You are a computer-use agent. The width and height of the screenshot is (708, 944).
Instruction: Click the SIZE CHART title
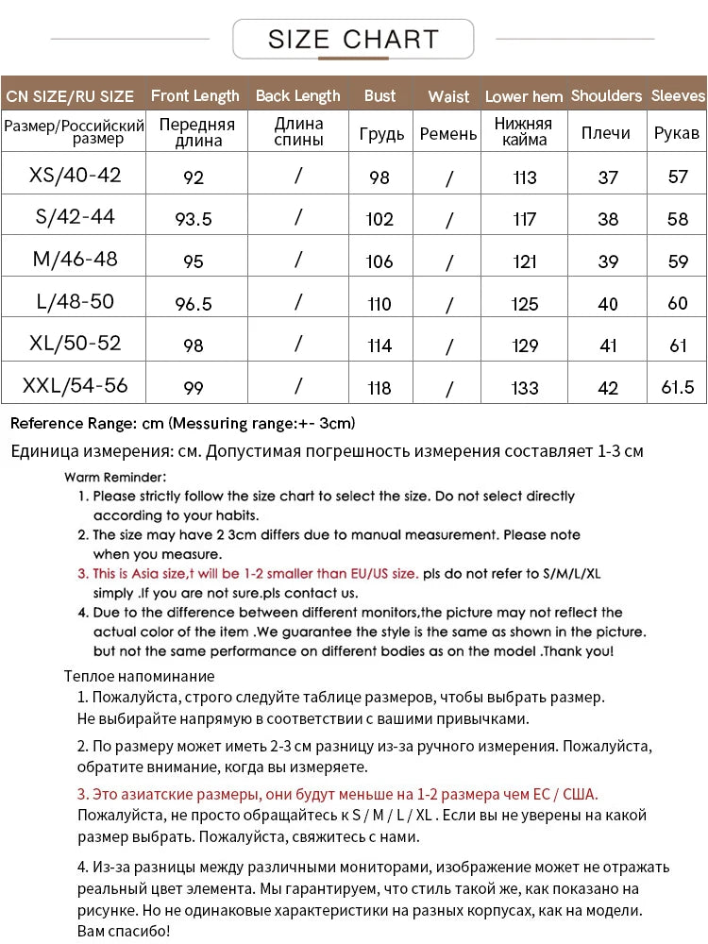pos(353,39)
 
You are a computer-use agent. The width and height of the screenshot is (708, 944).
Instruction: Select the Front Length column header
pos(194,95)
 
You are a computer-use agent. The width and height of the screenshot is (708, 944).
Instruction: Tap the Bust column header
pos(379,95)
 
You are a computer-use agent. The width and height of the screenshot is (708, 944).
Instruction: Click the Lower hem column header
pos(524,96)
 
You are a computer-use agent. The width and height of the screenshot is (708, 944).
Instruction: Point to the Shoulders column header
pos(606,95)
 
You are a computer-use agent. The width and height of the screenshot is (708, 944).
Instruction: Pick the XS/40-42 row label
pos(76,175)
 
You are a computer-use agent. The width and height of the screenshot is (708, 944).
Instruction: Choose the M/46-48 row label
pos(76,259)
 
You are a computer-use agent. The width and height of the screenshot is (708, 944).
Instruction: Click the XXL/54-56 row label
pos(76,385)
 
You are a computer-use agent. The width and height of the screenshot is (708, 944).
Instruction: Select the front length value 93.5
pos(194,219)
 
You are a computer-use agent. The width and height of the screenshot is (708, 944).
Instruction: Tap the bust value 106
pos(379,261)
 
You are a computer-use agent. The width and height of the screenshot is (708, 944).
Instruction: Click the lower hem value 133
pos(525,388)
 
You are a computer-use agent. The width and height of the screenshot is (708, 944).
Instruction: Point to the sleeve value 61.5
pos(678,388)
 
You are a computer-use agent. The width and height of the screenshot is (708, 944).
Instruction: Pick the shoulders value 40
pos(608,304)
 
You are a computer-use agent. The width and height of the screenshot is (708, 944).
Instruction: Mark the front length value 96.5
pos(194,304)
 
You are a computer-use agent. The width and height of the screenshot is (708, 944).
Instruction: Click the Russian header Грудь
pos(381,133)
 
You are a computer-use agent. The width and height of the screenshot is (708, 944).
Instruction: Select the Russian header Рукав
pos(677,133)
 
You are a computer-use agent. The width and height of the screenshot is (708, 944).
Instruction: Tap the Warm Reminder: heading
pos(116,478)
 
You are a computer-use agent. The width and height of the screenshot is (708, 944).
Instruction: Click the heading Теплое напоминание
pos(139,676)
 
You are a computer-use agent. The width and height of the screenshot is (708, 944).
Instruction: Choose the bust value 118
pos(379,388)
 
